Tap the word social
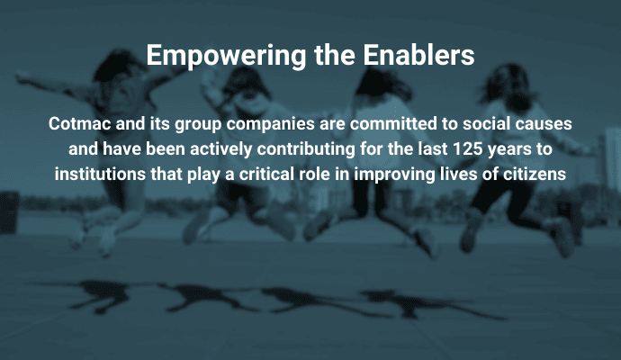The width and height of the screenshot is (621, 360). (475, 121)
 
